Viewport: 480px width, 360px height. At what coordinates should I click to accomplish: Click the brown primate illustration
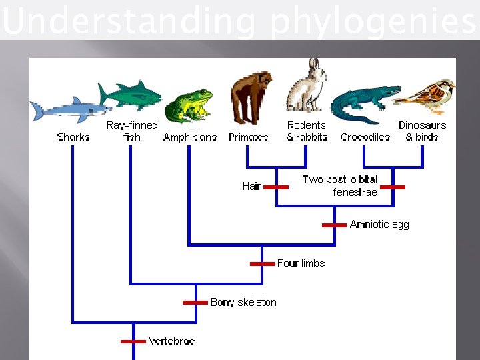(251, 97)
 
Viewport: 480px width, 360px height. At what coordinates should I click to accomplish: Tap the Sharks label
(73, 137)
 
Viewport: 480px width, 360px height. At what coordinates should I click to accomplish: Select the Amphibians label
(190, 137)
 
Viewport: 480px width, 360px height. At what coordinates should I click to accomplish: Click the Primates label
(248, 137)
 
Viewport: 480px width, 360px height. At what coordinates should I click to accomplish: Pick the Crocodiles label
(365, 137)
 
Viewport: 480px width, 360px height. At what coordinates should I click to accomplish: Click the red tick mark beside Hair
(276, 187)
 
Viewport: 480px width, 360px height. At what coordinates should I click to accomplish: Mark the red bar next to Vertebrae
(133, 341)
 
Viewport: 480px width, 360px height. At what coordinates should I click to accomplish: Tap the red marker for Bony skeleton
(195, 303)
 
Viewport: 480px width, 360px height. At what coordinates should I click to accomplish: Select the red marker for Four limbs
(262, 264)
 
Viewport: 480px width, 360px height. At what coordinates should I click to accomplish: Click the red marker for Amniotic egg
(334, 225)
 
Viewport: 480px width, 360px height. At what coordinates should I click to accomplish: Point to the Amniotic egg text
(379, 225)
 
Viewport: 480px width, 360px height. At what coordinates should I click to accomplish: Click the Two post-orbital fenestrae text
(341, 186)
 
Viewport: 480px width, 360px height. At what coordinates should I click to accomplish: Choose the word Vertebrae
(171, 341)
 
